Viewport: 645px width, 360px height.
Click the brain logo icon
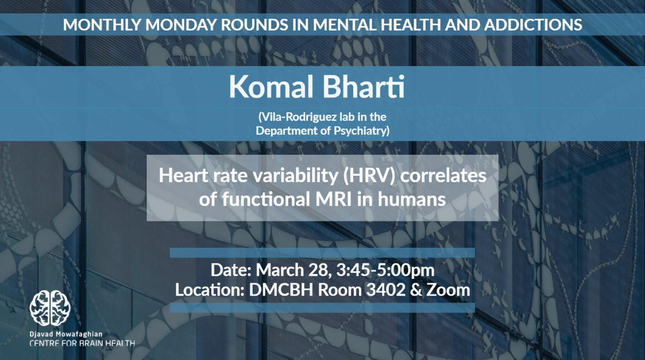click(x=50, y=308)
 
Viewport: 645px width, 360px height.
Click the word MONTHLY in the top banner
click(x=102, y=25)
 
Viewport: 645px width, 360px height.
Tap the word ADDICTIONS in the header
click(x=533, y=25)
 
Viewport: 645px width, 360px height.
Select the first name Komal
click(x=271, y=87)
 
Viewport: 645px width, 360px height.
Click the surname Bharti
click(x=364, y=87)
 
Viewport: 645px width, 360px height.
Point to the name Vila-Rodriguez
click(x=299, y=117)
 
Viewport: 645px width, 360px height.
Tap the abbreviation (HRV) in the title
click(x=369, y=176)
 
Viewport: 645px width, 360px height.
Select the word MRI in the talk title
click(x=333, y=199)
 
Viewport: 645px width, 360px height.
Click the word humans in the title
click(x=412, y=199)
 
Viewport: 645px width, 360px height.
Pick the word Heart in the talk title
click(x=183, y=176)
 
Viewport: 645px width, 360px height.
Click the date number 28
click(x=318, y=270)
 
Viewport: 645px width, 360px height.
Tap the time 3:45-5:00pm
click(x=385, y=270)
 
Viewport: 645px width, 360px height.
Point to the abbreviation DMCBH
click(x=281, y=290)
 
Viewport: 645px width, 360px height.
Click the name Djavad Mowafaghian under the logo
click(x=66, y=334)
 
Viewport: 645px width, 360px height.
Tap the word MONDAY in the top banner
click(x=181, y=25)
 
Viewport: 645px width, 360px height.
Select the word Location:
click(x=210, y=290)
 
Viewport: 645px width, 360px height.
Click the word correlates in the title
click(x=443, y=176)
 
